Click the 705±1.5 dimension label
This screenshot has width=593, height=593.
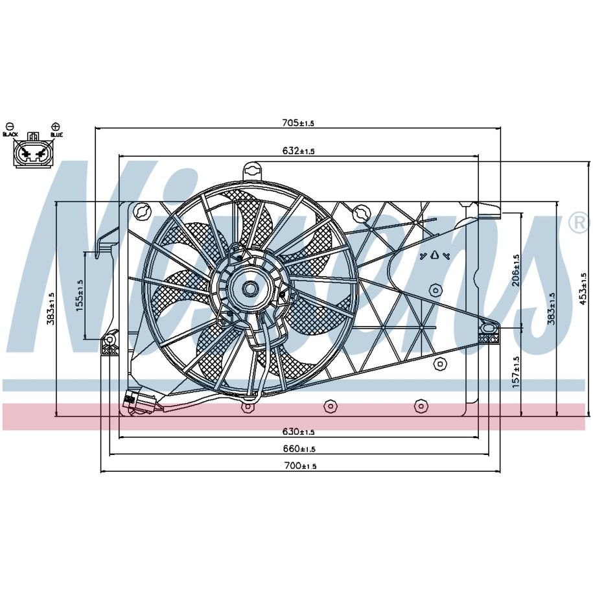point(298,123)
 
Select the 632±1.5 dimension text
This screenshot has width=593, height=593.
point(298,151)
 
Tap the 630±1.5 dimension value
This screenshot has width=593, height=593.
point(298,432)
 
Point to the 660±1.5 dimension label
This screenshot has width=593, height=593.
point(299,448)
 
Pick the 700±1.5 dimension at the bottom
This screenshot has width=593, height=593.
point(300,465)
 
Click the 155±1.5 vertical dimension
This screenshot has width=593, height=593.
point(79,296)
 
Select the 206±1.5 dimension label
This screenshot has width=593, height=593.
point(515,270)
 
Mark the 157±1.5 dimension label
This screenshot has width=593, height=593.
point(515,372)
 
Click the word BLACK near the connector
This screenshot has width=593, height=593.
point(10,135)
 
